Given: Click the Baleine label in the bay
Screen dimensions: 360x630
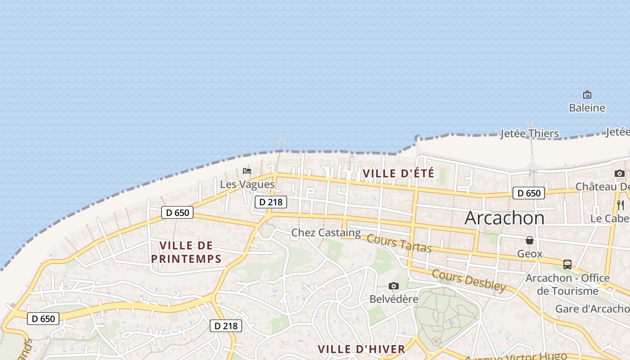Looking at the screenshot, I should tap(587, 108).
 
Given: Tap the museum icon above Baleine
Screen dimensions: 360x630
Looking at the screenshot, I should tap(587, 94).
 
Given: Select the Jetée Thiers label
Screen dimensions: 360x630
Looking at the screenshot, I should tap(530, 134).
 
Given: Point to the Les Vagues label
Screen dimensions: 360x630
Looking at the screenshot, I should tap(247, 184).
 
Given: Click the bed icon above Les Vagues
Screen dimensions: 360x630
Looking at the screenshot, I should tap(247, 171).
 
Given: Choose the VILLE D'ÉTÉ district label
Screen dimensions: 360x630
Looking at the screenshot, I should tap(398, 173).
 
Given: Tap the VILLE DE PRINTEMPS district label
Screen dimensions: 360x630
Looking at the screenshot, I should tap(186, 252).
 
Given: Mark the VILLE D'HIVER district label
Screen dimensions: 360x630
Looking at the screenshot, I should tap(361, 349).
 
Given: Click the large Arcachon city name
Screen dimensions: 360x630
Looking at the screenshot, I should tap(504, 218).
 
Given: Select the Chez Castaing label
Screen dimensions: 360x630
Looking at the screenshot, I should tap(326, 233).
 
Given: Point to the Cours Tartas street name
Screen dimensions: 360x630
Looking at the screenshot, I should tap(399, 243).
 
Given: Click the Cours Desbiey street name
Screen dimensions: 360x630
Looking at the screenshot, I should tap(469, 280).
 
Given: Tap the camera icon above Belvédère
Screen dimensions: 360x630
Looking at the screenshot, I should tap(394, 286).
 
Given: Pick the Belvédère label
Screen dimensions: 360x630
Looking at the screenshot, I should tap(394, 299).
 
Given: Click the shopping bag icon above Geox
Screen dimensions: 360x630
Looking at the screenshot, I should tap(530, 240).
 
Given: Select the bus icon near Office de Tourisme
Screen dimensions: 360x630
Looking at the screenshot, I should tap(567, 264).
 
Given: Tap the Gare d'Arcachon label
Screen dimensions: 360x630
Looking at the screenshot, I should tap(592, 309).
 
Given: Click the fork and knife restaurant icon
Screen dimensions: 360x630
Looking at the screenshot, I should tap(621, 205).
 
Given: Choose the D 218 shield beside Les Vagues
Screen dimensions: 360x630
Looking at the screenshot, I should tap(271, 202).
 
